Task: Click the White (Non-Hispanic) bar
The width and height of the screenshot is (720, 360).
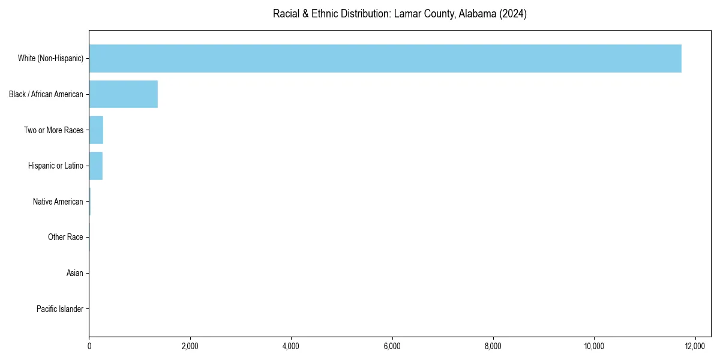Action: point(385,58)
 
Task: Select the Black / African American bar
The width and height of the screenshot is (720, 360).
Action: point(123,94)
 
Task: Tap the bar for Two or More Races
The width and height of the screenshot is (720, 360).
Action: point(96,130)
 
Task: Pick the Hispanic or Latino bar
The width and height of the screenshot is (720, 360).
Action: point(95,166)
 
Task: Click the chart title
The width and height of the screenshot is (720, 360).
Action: point(400,14)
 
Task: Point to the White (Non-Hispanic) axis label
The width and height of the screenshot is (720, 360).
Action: point(50,58)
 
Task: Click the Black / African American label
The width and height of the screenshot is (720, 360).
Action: point(46,94)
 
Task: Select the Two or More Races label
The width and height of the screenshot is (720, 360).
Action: point(53,130)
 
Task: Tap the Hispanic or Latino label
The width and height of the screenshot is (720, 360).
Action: point(55,166)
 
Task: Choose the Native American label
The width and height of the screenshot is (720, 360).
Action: point(58,202)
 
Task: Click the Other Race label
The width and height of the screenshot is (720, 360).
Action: point(65,238)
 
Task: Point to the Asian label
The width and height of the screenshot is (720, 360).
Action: point(74,274)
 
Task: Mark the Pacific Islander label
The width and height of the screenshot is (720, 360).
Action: point(59,309)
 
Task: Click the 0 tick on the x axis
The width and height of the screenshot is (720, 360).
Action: point(89,346)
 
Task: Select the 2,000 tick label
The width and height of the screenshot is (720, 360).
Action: point(190,346)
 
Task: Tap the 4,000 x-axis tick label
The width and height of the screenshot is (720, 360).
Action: point(291,346)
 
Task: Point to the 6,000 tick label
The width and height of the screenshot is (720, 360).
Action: point(392,346)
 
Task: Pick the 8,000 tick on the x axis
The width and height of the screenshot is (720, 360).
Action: point(493,346)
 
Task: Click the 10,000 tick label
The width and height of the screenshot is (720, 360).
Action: point(594,346)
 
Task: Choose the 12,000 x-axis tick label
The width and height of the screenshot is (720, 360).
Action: point(695,346)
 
